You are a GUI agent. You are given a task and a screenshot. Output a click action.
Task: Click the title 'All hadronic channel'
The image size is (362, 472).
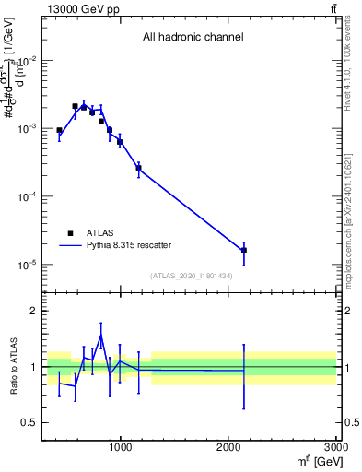click(193, 38)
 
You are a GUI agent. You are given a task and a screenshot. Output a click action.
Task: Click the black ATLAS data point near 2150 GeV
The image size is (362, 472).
click(244, 250)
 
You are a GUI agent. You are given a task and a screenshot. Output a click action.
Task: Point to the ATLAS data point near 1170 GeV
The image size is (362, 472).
click(139, 168)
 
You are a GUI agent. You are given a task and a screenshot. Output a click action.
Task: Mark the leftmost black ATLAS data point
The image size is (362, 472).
click(59, 131)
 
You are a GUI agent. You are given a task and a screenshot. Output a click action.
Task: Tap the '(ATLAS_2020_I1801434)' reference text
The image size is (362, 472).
click(192, 276)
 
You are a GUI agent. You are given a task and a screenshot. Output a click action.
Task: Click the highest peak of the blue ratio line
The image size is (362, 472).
click(100, 335)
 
